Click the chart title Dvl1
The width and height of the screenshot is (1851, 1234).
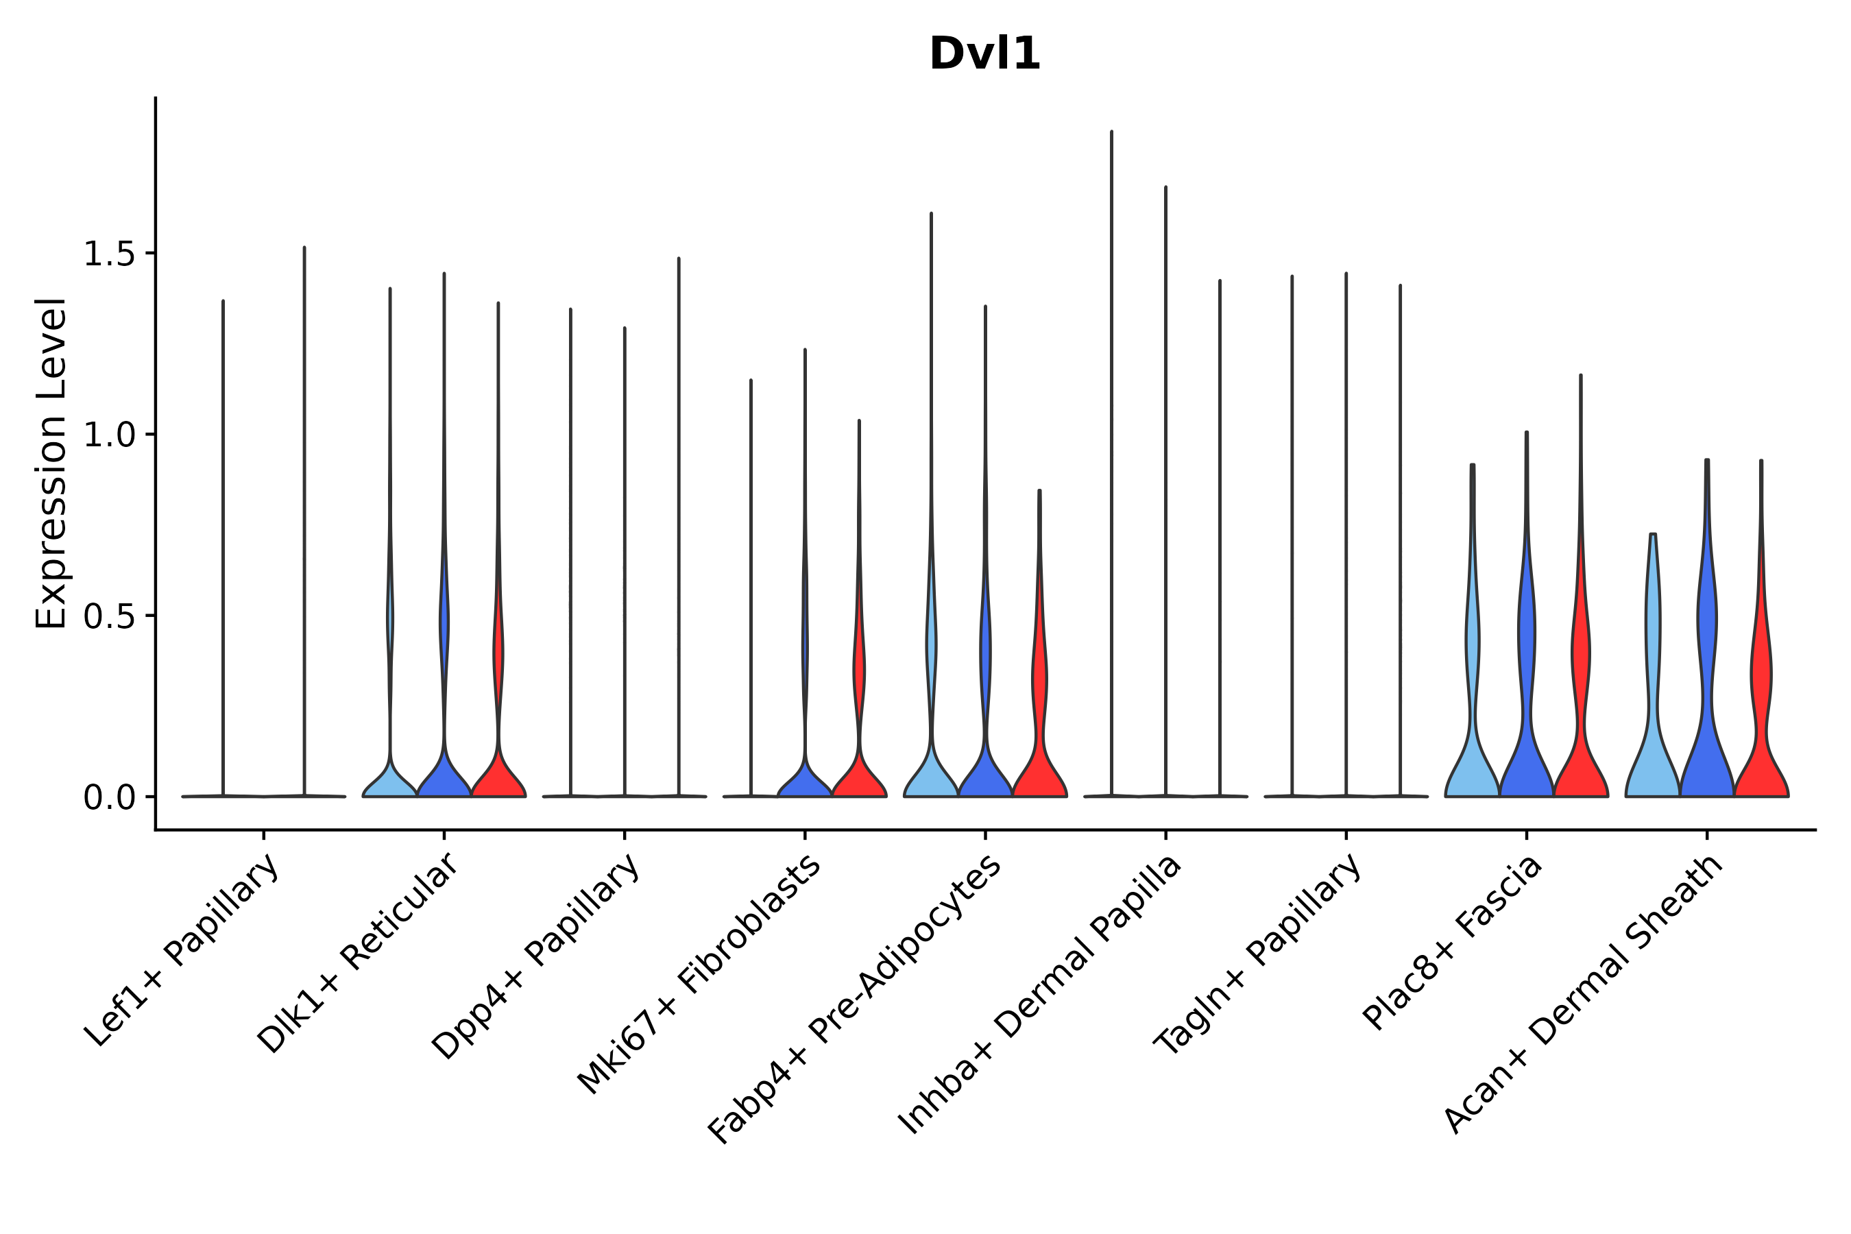pyautogui.click(x=984, y=54)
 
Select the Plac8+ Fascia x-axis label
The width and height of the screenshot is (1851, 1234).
pyautogui.click(x=1453, y=943)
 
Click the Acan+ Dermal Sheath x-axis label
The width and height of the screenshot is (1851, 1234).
pyautogui.click(x=1584, y=995)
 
